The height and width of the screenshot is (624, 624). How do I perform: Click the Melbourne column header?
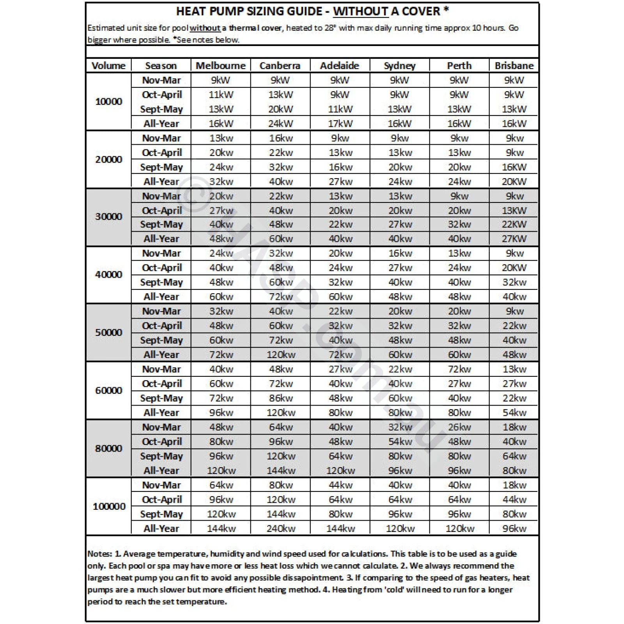click(x=220, y=66)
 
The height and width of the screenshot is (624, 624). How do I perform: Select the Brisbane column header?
click(x=514, y=66)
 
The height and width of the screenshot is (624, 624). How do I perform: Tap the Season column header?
click(x=161, y=66)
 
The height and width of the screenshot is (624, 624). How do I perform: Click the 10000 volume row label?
click(x=109, y=101)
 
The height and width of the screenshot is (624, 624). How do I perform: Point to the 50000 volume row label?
click(x=109, y=333)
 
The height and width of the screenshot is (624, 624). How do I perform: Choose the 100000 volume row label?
click(x=109, y=507)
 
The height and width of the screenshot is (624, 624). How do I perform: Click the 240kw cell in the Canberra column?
click(x=281, y=528)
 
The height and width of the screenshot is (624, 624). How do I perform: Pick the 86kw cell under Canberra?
click(x=281, y=398)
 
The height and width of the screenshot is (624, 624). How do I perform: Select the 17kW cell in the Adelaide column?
click(x=340, y=124)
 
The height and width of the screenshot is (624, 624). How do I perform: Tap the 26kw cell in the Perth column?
click(x=459, y=427)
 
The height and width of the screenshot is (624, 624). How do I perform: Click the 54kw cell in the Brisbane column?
click(x=514, y=413)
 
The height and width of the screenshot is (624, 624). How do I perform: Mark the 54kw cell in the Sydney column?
click(x=400, y=441)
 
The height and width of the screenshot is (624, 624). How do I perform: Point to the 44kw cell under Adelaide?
click(x=340, y=485)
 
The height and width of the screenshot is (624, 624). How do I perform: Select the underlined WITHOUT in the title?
click(x=360, y=11)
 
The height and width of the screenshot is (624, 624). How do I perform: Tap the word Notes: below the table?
click(x=100, y=554)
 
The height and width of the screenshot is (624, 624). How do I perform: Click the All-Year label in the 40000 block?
click(x=161, y=297)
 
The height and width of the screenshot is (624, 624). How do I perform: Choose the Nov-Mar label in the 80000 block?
click(x=161, y=427)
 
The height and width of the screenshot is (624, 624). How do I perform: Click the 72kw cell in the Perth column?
click(x=459, y=369)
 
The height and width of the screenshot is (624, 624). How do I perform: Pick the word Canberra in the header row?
click(x=280, y=66)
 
